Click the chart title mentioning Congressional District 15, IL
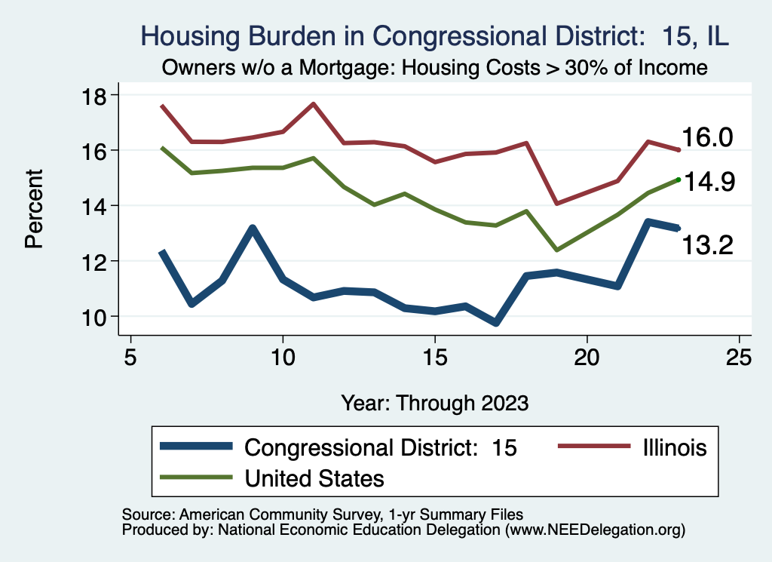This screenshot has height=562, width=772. click(x=434, y=35)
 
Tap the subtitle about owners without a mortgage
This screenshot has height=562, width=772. click(x=434, y=68)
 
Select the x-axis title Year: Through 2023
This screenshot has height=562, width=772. click(x=434, y=402)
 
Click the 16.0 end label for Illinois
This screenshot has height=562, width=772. click(x=707, y=138)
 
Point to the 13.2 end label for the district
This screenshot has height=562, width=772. click(x=707, y=244)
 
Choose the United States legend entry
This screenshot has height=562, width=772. click(x=314, y=478)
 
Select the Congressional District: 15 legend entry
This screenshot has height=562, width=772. click(x=381, y=447)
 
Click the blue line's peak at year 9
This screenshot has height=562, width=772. click(x=253, y=228)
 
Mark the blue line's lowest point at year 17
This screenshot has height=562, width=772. click(x=496, y=322)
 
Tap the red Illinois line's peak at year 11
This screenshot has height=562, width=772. click(x=314, y=103)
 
